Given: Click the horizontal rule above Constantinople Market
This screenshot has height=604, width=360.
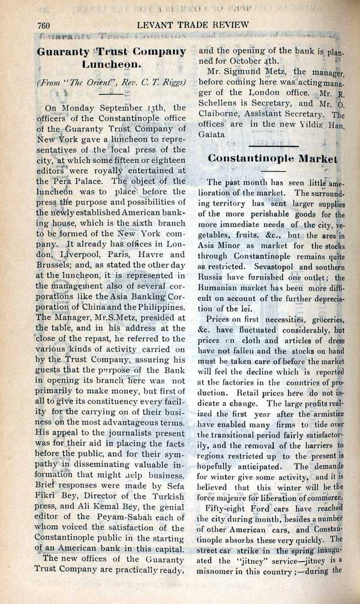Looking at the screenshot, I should (274, 145).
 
